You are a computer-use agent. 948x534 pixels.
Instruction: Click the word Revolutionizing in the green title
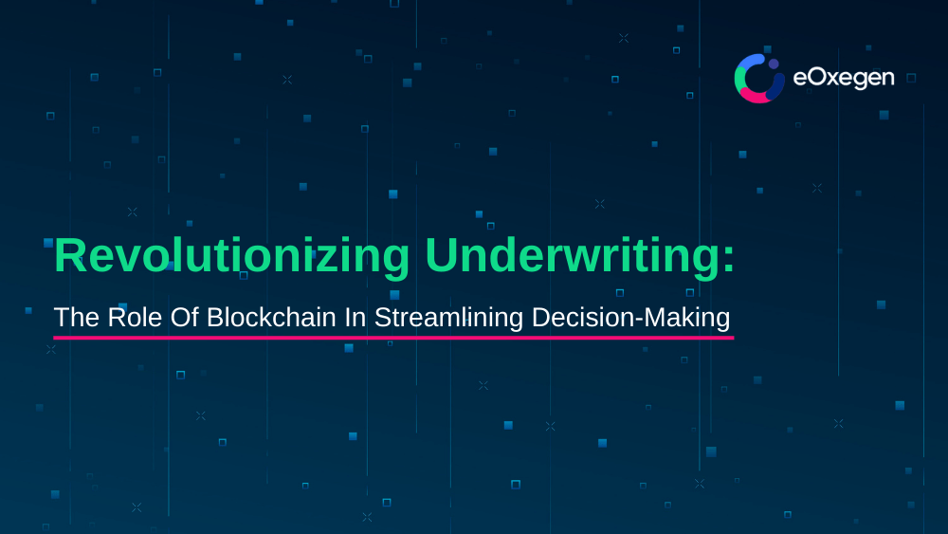(232, 257)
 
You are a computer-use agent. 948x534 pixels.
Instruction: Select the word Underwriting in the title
(572, 257)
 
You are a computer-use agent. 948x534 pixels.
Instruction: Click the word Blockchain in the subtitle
(271, 317)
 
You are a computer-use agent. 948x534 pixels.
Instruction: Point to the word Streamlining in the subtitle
(448, 318)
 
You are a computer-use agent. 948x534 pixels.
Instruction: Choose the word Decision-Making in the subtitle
(630, 318)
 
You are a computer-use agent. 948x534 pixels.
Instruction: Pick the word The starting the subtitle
(77, 317)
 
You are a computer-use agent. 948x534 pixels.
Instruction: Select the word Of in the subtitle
(185, 317)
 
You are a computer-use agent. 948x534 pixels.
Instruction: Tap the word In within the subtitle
(355, 317)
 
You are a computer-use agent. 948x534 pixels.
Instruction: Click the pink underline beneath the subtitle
(393, 338)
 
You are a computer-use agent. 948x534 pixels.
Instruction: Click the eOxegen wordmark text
(844, 78)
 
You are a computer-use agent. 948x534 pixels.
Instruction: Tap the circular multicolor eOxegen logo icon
(759, 79)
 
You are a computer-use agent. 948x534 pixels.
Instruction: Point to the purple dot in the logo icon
(774, 64)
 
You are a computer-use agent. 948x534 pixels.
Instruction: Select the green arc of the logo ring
(738, 78)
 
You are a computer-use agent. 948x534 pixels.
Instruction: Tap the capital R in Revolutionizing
(70, 256)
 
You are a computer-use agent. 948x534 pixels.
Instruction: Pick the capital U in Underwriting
(442, 256)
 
